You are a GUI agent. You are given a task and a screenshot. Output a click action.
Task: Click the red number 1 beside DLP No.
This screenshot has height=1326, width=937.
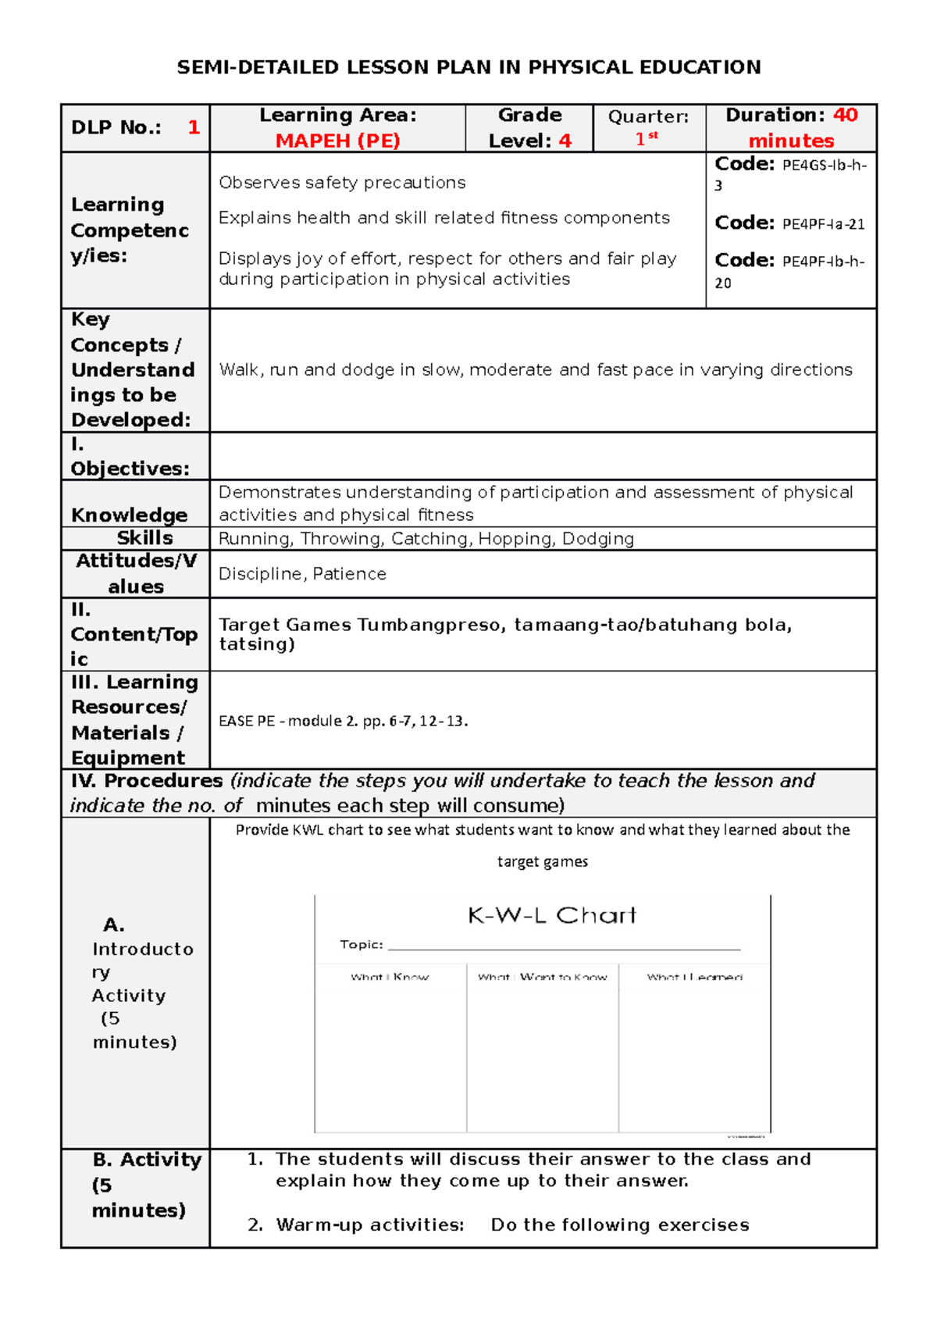(x=194, y=127)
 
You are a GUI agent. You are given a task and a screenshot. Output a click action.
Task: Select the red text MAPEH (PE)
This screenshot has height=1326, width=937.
(x=337, y=141)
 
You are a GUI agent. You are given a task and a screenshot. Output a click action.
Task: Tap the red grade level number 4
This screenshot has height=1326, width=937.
(x=565, y=141)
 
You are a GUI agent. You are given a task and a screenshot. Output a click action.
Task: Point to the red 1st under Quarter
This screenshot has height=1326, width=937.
(x=646, y=139)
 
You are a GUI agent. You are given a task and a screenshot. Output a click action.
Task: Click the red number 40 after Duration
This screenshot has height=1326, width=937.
(x=845, y=115)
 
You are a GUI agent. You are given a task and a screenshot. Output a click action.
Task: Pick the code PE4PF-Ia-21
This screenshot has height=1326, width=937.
(x=823, y=224)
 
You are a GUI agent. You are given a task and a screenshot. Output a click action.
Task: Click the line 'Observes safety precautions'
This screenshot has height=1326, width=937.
(x=342, y=183)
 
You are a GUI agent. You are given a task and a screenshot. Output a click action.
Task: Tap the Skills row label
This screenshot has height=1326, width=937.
(x=144, y=538)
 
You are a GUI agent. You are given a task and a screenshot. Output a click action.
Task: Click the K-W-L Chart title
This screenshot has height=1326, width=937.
(x=551, y=915)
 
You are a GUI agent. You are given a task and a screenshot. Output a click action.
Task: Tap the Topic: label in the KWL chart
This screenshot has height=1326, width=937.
(x=362, y=945)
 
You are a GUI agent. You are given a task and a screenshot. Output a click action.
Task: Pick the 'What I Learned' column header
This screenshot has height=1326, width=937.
(x=694, y=977)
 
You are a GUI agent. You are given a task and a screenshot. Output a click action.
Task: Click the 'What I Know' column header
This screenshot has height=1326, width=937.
(x=390, y=977)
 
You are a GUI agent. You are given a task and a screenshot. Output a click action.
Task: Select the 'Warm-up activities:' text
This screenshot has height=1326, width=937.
(x=369, y=1224)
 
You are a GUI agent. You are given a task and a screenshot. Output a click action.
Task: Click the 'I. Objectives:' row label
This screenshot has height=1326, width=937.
(x=130, y=457)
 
